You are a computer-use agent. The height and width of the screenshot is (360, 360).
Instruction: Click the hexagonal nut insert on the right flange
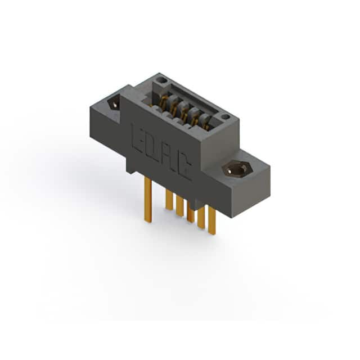[237, 170]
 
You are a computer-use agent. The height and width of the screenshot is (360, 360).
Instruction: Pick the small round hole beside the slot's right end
[224, 118]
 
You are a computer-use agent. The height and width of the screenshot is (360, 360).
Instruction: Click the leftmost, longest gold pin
[148, 200]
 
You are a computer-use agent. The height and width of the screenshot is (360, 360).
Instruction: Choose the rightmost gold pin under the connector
[212, 220]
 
